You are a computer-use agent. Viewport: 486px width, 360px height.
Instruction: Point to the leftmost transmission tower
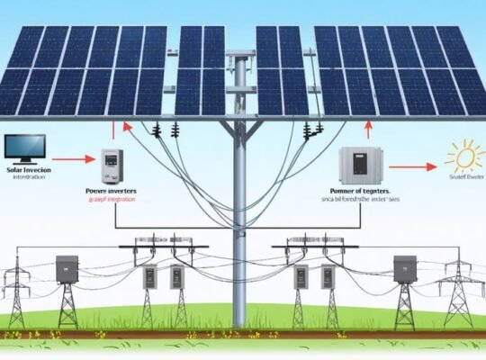pyautogui.click(x=16, y=292)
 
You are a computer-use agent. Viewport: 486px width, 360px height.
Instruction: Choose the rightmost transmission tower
pyautogui.click(x=457, y=292)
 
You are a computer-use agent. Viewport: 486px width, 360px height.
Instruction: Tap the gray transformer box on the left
pyautogui.click(x=67, y=267)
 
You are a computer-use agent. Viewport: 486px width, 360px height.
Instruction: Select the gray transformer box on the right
pyautogui.click(x=405, y=267)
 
